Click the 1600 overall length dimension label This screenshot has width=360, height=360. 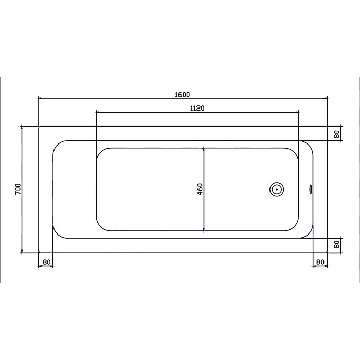click(183, 94)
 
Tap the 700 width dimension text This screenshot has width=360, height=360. click(17, 189)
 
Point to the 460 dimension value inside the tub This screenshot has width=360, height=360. click(200, 189)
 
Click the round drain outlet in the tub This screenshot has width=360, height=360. click(277, 189)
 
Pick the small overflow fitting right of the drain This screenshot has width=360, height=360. click(310, 189)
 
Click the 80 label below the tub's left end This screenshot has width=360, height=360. click(46, 262)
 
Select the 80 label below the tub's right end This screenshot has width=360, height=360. click(320, 262)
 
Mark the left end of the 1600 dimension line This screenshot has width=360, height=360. click(39, 98)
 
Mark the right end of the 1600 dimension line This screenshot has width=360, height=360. click(328, 98)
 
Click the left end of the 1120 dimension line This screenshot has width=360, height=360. click(96, 112)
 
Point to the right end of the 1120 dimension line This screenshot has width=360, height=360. click(299, 112)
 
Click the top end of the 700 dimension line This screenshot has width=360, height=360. click(22, 126)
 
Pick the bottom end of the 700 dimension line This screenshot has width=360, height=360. click(22, 253)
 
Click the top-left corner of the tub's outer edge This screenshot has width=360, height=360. click(39, 126)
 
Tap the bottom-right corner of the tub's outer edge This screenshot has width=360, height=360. click(328, 253)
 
